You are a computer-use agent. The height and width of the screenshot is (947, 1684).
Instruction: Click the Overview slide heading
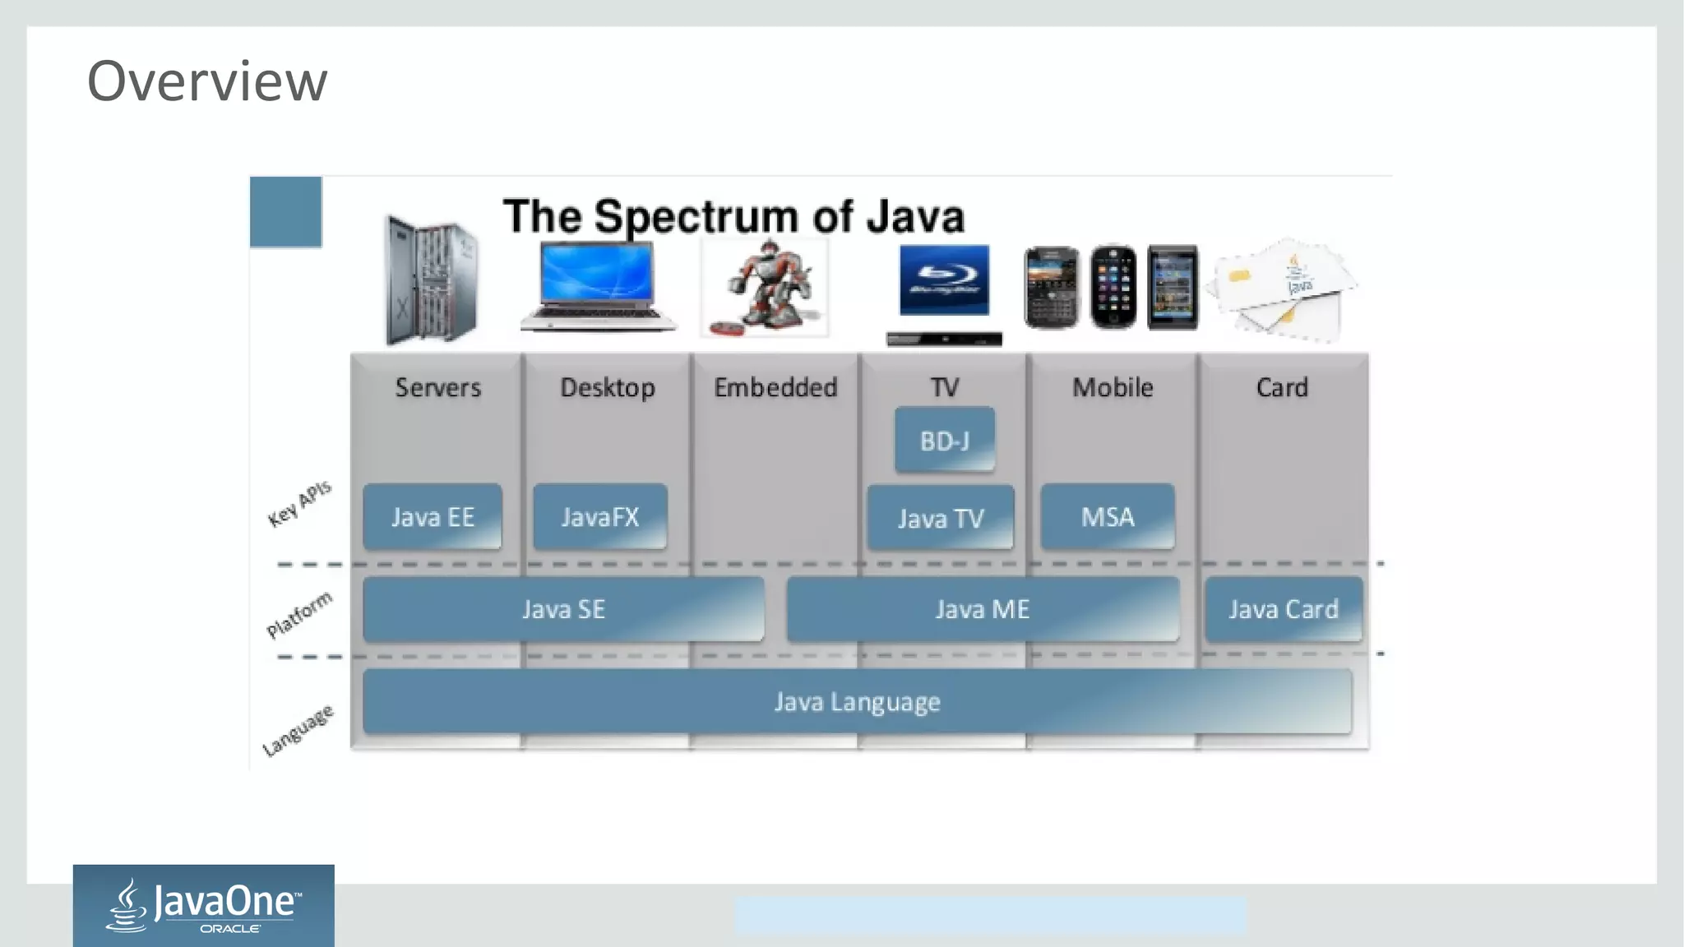pyautogui.click(x=207, y=81)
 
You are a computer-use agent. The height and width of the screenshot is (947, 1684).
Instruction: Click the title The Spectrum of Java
pyautogui.click(x=733, y=216)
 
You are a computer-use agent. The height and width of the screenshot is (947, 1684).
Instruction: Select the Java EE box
pyautogui.click(x=433, y=517)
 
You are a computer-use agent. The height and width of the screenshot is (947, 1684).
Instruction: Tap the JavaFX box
pyautogui.click(x=599, y=517)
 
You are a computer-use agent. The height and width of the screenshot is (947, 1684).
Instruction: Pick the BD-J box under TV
pyautogui.click(x=944, y=441)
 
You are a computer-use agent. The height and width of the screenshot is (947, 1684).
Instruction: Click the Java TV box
pyautogui.click(x=941, y=518)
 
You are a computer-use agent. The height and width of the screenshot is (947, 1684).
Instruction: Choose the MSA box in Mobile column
pyautogui.click(x=1107, y=517)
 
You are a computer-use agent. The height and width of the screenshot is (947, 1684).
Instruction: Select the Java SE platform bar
pyautogui.click(x=563, y=609)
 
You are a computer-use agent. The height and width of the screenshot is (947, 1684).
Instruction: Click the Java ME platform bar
pyautogui.click(x=983, y=609)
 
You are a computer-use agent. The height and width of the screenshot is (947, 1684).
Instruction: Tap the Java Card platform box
pyautogui.click(x=1283, y=609)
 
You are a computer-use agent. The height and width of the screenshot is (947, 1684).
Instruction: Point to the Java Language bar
pyautogui.click(x=857, y=702)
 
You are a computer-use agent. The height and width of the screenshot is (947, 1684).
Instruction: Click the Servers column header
pyautogui.click(x=437, y=387)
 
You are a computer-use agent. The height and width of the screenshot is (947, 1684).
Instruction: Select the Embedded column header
pyautogui.click(x=775, y=387)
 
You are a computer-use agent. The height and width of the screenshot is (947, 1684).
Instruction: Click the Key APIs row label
pyautogui.click(x=299, y=503)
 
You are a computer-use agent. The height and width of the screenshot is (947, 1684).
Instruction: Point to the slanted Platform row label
pyautogui.click(x=299, y=615)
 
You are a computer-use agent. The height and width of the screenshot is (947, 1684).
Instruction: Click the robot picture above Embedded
pyautogui.click(x=766, y=287)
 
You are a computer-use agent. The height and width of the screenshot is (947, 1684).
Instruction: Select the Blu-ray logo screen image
pyautogui.click(x=944, y=280)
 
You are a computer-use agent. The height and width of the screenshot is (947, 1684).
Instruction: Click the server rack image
pyautogui.click(x=431, y=280)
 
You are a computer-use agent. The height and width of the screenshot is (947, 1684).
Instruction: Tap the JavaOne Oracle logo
pyautogui.click(x=203, y=906)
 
